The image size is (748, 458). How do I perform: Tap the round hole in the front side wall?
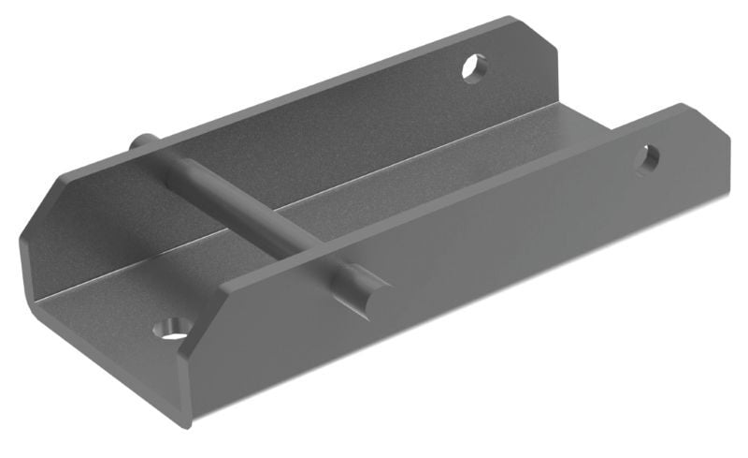click(x=647, y=158)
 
